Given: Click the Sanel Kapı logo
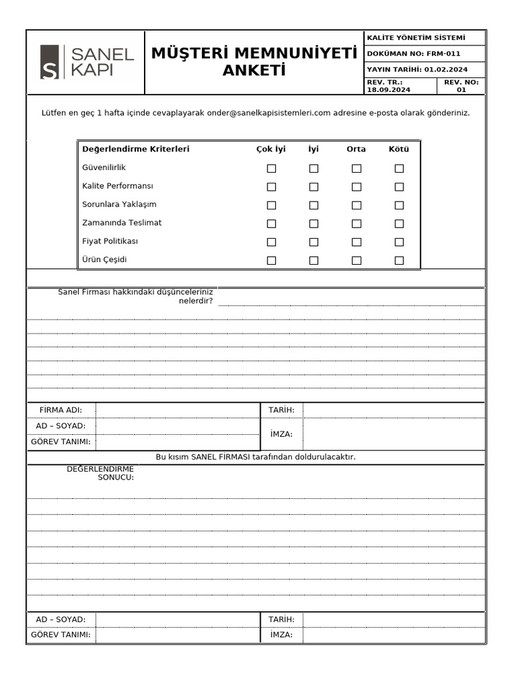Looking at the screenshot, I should click(87, 62).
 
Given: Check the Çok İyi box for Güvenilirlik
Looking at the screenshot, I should click(271, 169).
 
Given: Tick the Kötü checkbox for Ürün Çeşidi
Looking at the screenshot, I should click(399, 260).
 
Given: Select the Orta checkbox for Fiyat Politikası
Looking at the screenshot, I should click(357, 242).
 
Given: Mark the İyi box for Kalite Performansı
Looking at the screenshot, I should click(313, 187).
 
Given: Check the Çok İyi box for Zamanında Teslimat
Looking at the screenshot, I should click(271, 223).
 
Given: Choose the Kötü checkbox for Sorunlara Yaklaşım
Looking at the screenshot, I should click(399, 205).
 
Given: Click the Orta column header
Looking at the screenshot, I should click(356, 149).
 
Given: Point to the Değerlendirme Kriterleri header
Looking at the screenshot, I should click(135, 149).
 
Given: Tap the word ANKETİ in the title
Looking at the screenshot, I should click(254, 71).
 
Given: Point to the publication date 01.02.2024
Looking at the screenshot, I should click(446, 69).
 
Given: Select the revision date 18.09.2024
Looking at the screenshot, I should click(389, 90).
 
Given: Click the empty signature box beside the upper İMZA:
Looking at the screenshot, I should click(393, 434).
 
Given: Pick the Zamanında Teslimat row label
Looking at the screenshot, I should click(122, 223).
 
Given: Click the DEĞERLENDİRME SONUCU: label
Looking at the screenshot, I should click(100, 473).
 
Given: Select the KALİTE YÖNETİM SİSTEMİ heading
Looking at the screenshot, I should click(416, 38).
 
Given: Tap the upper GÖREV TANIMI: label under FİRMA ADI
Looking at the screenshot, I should click(61, 442).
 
